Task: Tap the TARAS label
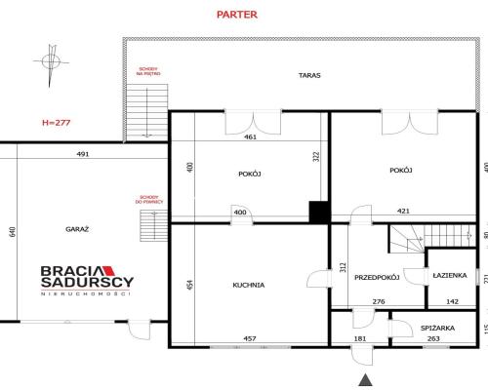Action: click(x=310, y=74)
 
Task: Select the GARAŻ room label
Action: click(x=78, y=228)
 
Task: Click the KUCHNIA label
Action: click(x=249, y=285)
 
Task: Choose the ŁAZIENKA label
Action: click(x=450, y=276)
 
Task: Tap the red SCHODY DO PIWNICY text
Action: click(x=149, y=199)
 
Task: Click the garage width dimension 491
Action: click(x=83, y=153)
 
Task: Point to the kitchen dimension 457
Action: click(x=250, y=338)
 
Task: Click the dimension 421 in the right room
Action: click(x=402, y=210)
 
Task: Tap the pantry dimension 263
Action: click(x=433, y=338)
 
